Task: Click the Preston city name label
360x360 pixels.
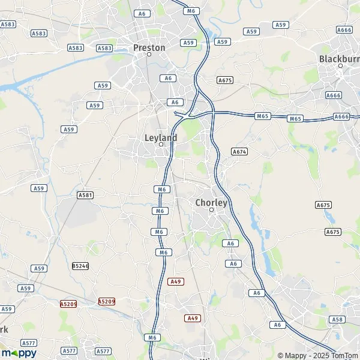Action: (149, 47)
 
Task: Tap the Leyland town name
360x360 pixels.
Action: (161, 137)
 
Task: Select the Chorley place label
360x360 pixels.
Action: (211, 203)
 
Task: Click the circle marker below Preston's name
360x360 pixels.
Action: (149, 55)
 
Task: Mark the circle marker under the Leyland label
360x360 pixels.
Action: (161, 145)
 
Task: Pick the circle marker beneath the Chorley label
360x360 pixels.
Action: (211, 210)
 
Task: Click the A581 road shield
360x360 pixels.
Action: (85, 195)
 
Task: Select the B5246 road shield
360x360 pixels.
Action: (80, 266)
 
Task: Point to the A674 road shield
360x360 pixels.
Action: (239, 152)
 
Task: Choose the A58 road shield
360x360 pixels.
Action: (338, 320)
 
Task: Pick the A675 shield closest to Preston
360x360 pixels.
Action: (225, 80)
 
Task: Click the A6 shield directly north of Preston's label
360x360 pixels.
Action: (142, 13)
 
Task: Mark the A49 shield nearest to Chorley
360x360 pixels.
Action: (175, 281)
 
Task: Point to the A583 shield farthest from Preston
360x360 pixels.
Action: (8, 24)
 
